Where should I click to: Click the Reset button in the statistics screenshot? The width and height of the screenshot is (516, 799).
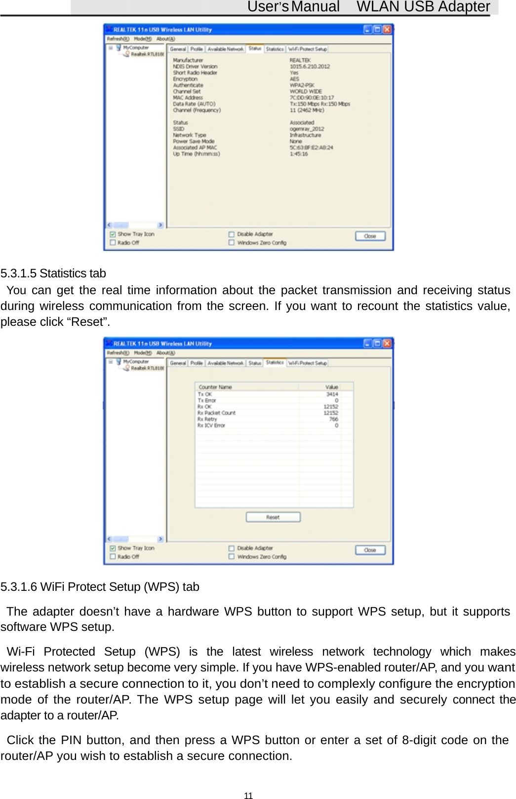pos(273,517)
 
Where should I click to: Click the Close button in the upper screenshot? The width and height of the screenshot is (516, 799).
pos(370,236)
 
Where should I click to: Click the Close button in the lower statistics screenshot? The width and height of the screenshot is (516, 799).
pos(370,550)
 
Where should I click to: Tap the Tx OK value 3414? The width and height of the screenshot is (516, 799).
pos(332,394)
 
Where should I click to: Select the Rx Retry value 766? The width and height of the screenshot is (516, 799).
pos(334,419)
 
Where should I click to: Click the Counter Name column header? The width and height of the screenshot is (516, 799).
pos(215,387)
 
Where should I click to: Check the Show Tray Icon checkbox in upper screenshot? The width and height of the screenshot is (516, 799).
pos(113,234)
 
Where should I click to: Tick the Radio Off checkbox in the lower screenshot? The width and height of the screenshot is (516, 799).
pos(113,557)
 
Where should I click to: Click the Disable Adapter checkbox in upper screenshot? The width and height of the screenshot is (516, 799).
pos(231,234)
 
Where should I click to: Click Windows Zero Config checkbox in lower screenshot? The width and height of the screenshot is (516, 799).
pos(231,557)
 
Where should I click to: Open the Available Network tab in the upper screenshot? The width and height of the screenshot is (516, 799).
pos(225,49)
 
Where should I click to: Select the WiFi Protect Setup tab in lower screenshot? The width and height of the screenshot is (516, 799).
pos(308,363)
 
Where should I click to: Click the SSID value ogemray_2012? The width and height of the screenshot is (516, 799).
pos(307,129)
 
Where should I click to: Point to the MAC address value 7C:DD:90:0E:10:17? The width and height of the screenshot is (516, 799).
pos(312,97)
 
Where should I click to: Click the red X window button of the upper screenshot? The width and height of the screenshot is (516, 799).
pos(387,29)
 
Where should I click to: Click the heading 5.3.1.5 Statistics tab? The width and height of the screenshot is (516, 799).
pos(53,273)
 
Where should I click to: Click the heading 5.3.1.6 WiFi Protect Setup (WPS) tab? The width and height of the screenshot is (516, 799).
pos(100,587)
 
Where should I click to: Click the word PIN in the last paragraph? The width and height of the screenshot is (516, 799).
pos(71,740)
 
